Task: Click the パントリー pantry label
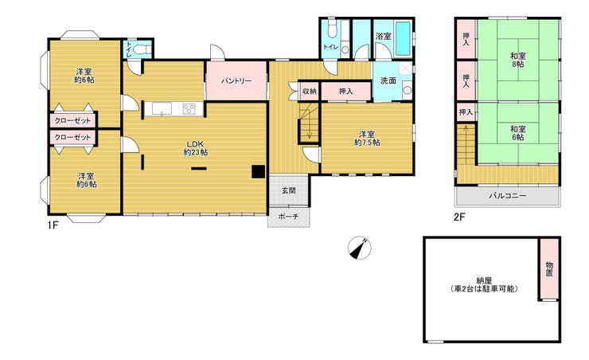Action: click(x=236, y=81)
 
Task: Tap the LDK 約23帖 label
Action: click(x=195, y=148)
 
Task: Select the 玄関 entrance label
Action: click(x=289, y=190)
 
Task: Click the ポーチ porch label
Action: click(x=288, y=217)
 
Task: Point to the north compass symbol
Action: click(x=360, y=248)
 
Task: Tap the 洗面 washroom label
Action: click(x=388, y=80)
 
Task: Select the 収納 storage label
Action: click(x=310, y=92)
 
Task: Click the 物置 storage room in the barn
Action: click(x=549, y=269)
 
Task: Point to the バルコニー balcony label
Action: click(x=507, y=196)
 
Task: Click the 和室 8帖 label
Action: click(x=517, y=60)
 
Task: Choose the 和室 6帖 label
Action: click(x=517, y=133)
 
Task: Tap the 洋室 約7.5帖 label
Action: click(x=367, y=139)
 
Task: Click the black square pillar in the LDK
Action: click(x=258, y=171)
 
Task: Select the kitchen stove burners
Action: click(x=189, y=109)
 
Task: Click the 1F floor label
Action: click(x=53, y=225)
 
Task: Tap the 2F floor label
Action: click(x=460, y=217)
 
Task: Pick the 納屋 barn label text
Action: click(x=484, y=285)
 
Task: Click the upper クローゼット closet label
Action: click(x=73, y=120)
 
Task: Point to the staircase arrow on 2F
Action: click(x=466, y=143)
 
